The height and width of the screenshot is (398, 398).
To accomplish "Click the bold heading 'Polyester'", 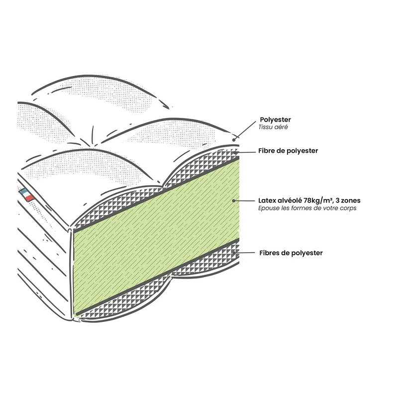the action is [275, 119].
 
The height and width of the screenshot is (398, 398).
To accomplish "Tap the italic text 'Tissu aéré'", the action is [273, 127].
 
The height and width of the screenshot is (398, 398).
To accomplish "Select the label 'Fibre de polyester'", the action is [288, 151].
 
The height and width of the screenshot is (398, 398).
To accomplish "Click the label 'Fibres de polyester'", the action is [291, 253].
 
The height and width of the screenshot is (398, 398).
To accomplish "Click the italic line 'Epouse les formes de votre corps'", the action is [307, 208].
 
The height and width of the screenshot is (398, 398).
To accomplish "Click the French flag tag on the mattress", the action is [27, 195].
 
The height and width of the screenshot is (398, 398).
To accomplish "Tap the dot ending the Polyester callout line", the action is [234, 140].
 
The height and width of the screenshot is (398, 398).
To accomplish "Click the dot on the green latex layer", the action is [233, 200].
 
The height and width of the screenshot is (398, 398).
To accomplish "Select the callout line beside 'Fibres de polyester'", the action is [244, 253].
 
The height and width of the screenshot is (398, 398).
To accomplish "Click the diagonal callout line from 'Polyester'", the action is [245, 130].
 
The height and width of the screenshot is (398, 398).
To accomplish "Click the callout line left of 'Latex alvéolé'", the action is [244, 200].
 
